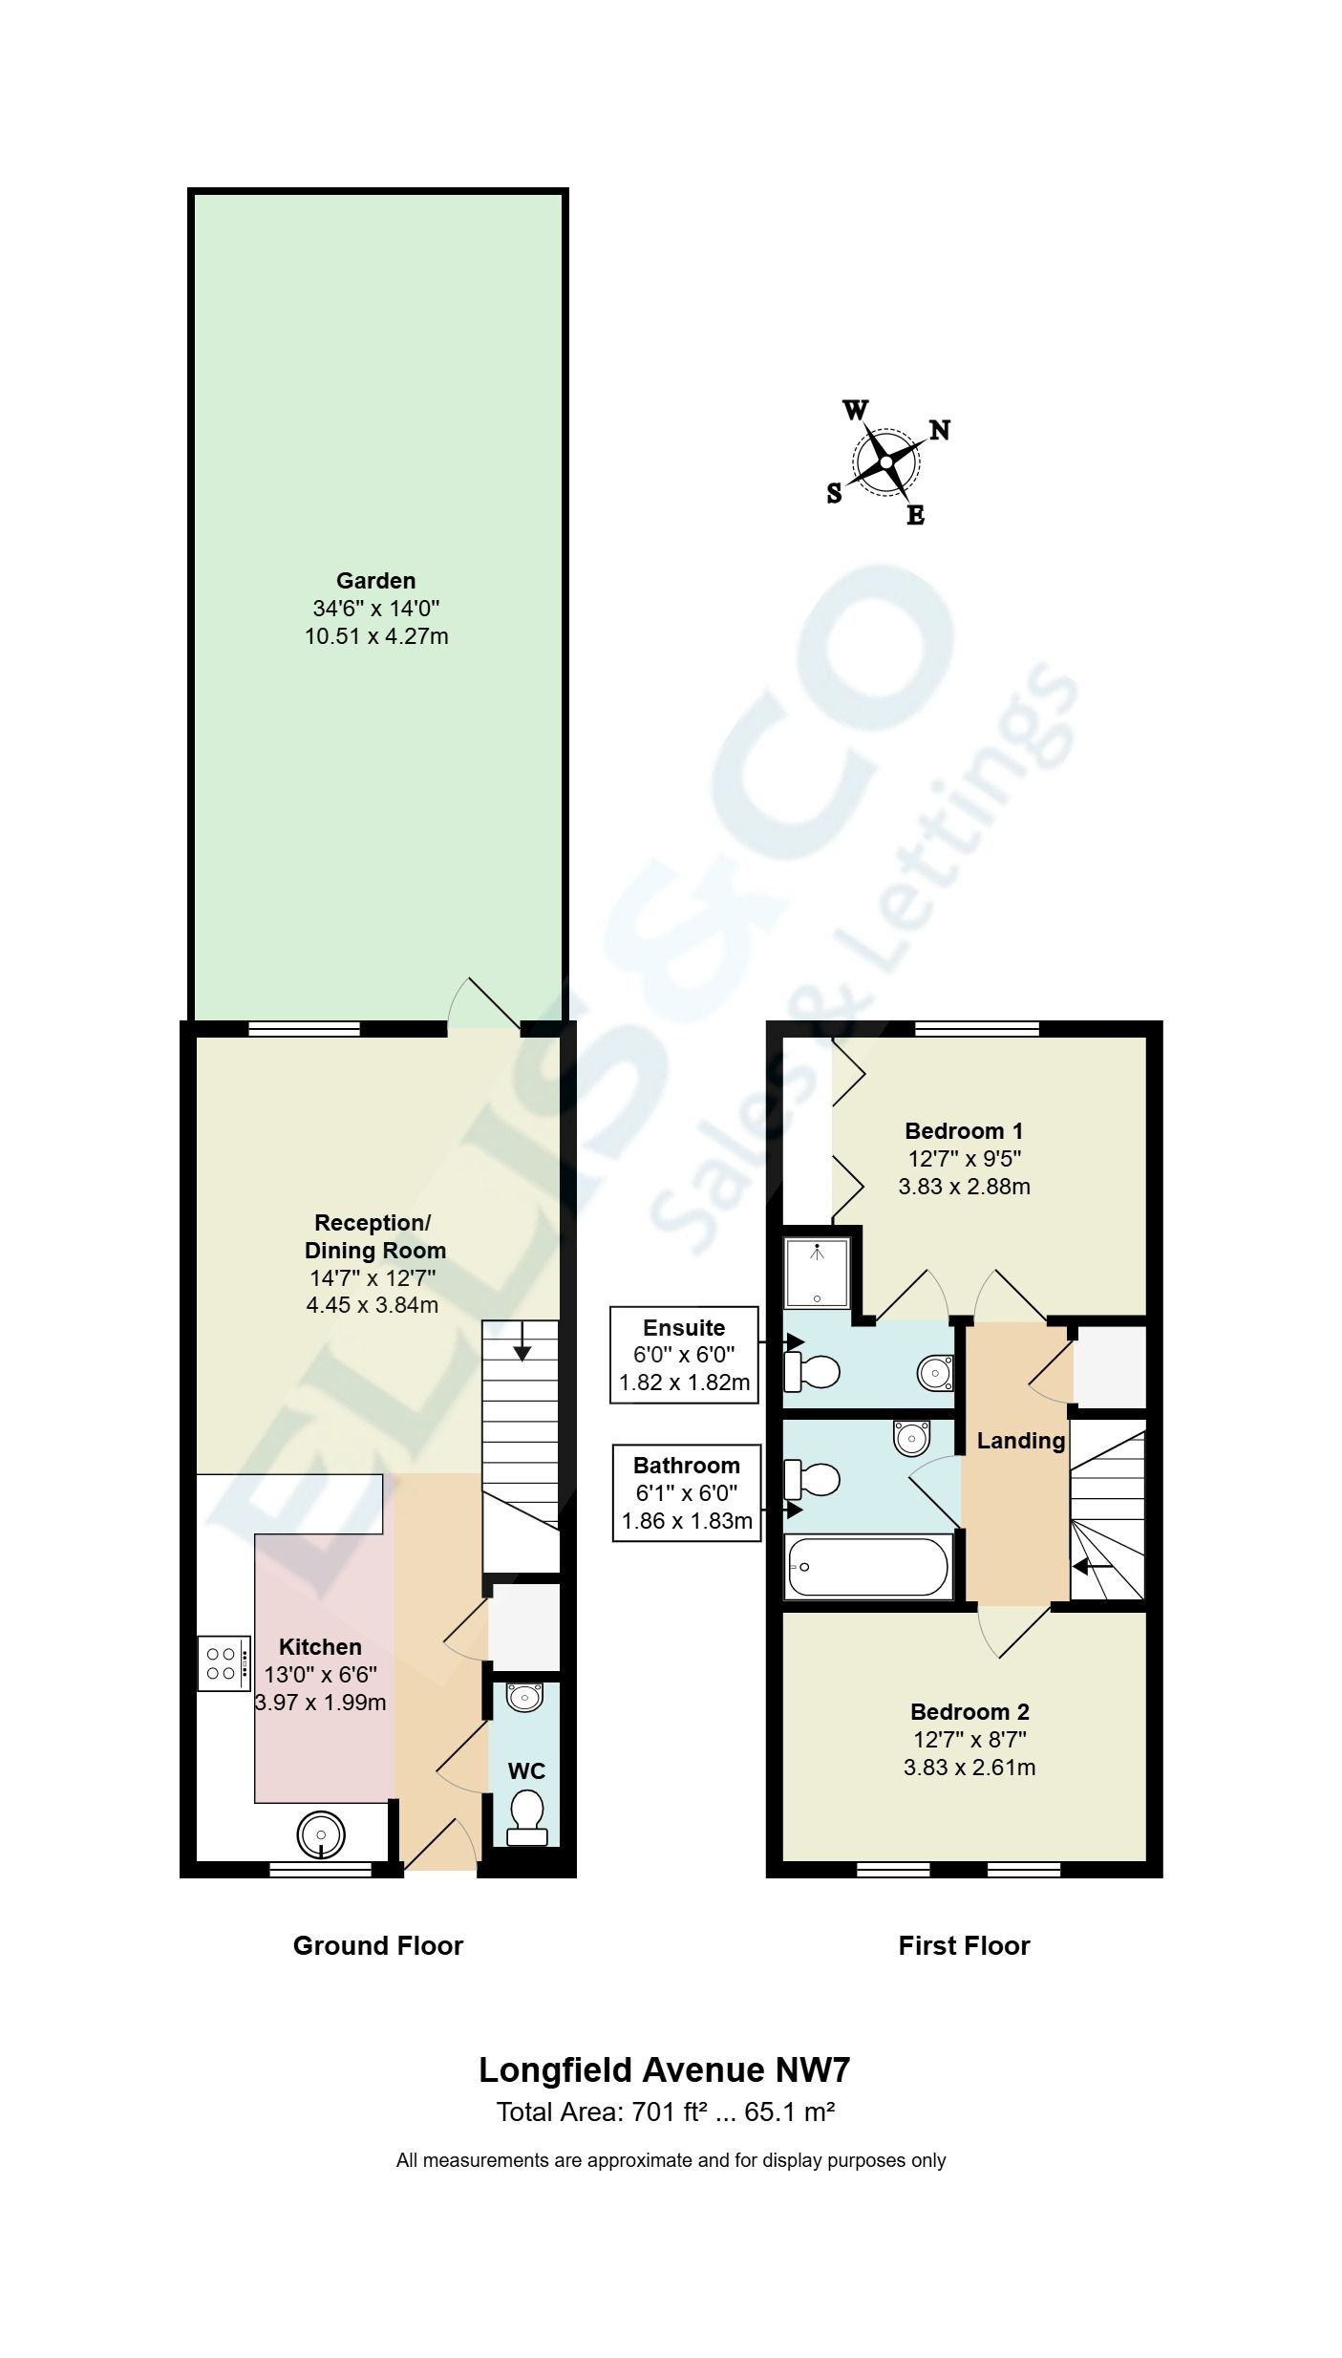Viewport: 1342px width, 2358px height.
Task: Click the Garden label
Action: (375, 580)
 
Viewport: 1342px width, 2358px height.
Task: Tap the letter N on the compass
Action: (940, 430)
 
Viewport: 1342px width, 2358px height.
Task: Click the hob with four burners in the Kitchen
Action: (224, 1663)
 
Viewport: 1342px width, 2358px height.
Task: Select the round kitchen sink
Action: (321, 1834)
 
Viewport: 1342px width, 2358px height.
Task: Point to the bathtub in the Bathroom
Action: (866, 1567)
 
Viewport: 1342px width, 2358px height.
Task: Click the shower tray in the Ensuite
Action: (817, 1274)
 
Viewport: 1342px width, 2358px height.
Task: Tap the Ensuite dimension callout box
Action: (684, 1355)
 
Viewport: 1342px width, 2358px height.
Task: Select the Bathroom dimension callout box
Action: (686, 1492)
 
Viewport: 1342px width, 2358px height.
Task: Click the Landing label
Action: (1020, 1441)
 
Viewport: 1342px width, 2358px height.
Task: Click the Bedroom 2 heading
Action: (969, 1711)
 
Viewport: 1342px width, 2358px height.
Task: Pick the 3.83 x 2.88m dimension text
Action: (964, 1187)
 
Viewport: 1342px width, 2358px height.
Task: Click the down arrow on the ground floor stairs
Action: (522, 1346)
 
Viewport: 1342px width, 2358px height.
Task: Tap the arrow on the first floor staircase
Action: (1091, 1567)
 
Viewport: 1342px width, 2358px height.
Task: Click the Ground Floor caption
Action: (377, 1946)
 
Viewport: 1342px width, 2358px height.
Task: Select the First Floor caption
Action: (964, 1946)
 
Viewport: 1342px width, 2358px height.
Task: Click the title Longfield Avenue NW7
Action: (664, 2070)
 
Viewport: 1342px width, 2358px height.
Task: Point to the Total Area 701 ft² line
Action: (666, 2112)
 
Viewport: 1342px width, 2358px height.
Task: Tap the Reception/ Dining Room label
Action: (373, 1236)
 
